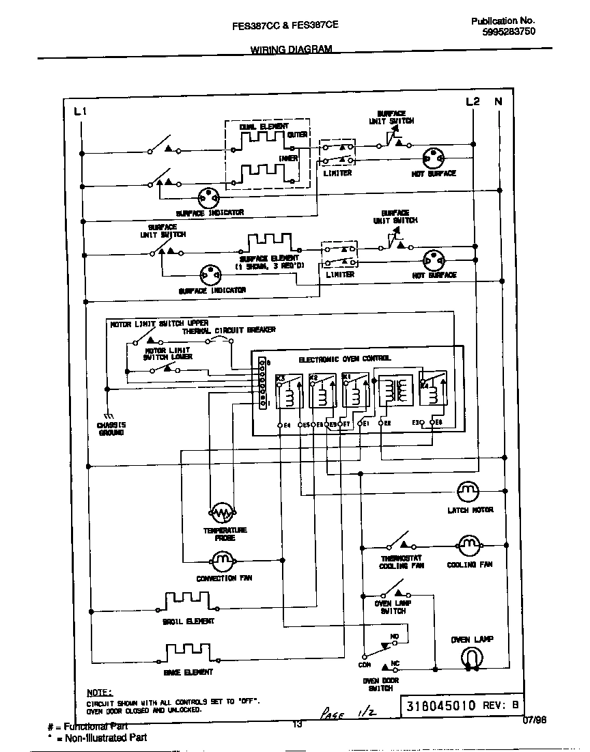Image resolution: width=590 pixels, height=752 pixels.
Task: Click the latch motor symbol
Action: (468, 490)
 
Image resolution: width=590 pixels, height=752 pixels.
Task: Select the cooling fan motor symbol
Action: (468, 545)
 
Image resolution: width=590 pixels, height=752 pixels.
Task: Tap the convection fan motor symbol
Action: (221, 561)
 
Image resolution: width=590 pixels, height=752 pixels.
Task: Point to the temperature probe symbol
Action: (221, 512)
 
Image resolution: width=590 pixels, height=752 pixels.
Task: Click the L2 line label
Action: (473, 101)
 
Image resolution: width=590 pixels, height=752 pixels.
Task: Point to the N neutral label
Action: (498, 101)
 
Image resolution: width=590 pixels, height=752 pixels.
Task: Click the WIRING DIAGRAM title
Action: (291, 50)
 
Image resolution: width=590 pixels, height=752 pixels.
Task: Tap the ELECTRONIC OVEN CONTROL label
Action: (345, 359)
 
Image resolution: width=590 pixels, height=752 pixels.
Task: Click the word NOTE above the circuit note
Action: (100, 692)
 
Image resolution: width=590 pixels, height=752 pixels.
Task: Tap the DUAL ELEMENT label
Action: (264, 126)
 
